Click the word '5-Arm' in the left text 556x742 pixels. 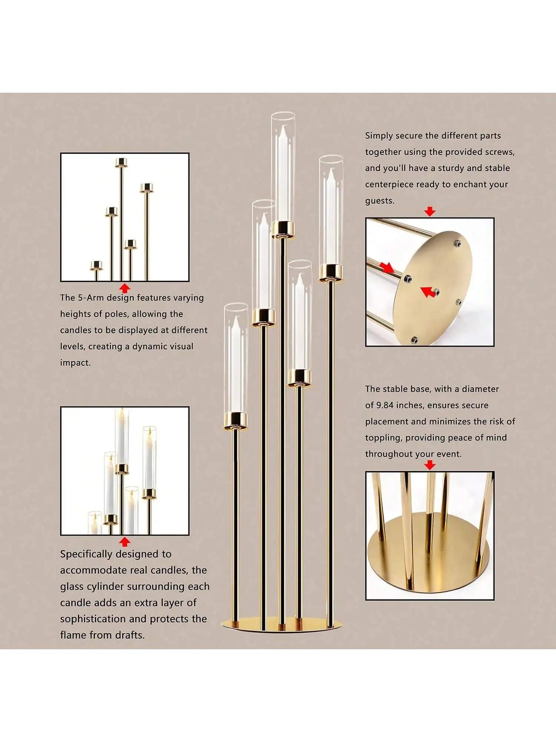[x=91, y=298]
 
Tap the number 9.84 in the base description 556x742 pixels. [x=385, y=405]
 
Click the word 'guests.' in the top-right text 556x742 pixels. [x=380, y=201]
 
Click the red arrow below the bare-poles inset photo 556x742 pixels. [x=125, y=288]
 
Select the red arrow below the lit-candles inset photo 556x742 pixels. [x=125, y=542]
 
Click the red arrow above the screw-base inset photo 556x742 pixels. [x=430, y=211]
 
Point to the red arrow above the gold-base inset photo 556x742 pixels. [x=430, y=465]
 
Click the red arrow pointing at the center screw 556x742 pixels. [x=428, y=292]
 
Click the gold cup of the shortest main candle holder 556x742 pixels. [x=236, y=420]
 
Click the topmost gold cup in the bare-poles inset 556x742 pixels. [x=121, y=162]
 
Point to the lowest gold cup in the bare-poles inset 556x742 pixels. [x=96, y=265]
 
